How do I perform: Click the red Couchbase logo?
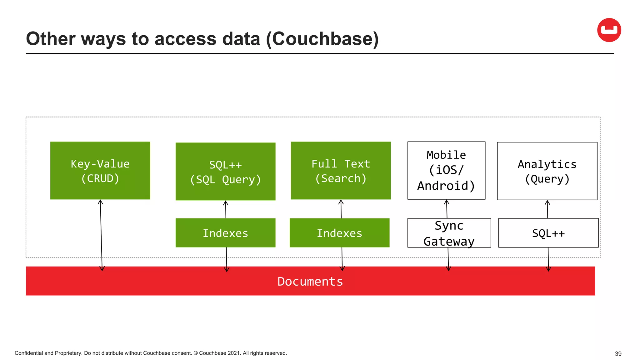[609, 30]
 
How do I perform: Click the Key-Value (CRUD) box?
[100, 171]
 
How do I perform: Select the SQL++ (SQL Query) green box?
[225, 172]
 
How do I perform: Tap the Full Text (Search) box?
[341, 171]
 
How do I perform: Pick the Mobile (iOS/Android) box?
[446, 171]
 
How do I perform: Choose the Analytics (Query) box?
[547, 171]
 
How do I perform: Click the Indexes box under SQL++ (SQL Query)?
[225, 233]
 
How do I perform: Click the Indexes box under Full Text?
[339, 233]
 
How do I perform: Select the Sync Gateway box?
[449, 233]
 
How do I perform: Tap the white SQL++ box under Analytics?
[548, 233]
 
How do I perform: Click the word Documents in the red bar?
[310, 281]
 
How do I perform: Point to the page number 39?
[618, 354]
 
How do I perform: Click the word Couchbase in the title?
[322, 39]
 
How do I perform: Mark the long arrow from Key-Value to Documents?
[101, 234]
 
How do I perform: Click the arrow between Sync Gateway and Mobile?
[447, 209]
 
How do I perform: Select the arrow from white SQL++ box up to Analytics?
[547, 209]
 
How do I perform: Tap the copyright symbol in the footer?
[196, 353]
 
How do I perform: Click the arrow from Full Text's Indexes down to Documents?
[342, 259]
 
